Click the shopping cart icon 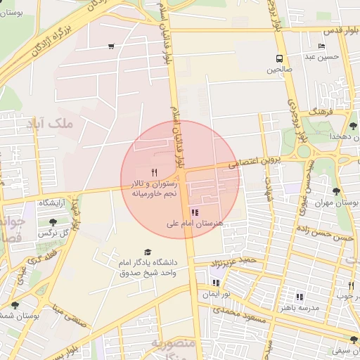(111, 47)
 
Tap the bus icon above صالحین (280, 59)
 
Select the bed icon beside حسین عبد (321, 46)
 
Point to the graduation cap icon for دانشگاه (148, 252)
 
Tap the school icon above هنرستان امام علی (195, 212)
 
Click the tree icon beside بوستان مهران (337, 191)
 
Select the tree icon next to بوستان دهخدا (353, 125)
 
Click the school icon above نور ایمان (215, 283)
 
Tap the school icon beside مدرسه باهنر (300, 297)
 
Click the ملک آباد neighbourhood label (49, 124)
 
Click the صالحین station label (280, 70)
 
